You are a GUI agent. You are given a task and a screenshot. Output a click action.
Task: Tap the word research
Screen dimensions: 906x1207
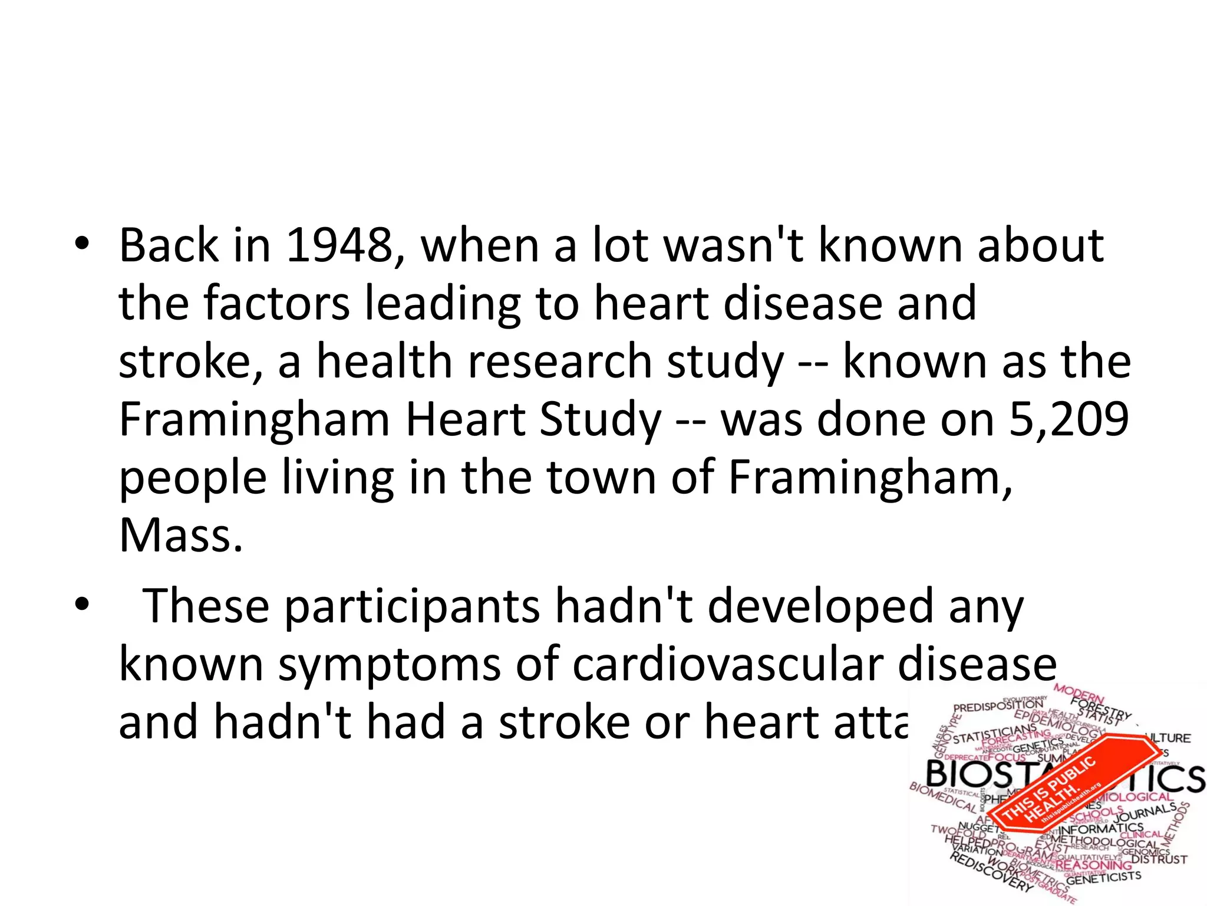pos(560,361)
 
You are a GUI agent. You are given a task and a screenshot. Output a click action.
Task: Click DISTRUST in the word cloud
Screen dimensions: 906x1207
pos(1159,859)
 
